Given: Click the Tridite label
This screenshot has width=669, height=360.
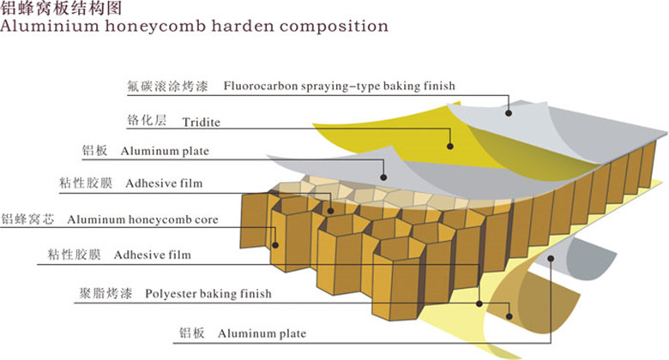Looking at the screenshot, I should [x=201, y=123].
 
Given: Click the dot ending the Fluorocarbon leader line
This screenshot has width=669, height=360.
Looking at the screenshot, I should [x=509, y=111].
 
